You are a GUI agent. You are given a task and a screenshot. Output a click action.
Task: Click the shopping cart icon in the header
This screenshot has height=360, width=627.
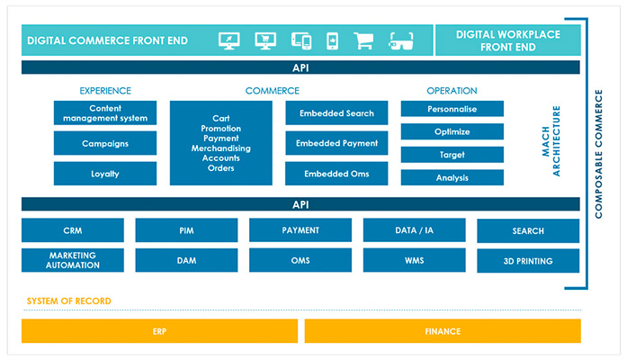pos(363,40)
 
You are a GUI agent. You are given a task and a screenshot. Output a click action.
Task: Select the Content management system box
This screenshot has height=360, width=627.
pos(105,112)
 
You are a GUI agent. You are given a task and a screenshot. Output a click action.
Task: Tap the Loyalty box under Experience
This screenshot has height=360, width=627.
pos(105,174)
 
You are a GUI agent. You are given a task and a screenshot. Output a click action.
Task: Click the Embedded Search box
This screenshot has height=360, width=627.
pos(337,112)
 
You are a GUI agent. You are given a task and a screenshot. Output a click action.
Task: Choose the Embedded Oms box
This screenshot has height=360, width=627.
pos(337,174)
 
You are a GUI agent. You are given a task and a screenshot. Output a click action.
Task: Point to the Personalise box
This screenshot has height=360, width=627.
pos(452,109)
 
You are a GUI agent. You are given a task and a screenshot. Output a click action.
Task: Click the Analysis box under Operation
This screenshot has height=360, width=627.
pos(452,177)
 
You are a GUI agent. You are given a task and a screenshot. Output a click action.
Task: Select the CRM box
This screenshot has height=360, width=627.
pos(72,230)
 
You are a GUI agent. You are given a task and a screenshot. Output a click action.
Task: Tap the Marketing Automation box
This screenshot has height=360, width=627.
pos(72,261)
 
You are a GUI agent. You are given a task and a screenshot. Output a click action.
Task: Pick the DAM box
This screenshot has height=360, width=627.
pos(186,261)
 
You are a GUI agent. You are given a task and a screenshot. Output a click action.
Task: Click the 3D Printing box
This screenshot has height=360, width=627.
pos(528,262)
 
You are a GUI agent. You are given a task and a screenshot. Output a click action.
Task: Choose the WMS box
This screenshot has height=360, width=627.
pos(414,261)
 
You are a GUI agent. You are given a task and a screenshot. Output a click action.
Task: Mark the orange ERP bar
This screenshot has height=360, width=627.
pos(159,331)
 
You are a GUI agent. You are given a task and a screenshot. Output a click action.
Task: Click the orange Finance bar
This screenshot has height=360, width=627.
pos(443,331)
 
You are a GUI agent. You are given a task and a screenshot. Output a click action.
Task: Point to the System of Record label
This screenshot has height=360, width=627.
pos(69,301)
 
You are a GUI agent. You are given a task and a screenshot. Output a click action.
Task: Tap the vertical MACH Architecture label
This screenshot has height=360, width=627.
pos(551,143)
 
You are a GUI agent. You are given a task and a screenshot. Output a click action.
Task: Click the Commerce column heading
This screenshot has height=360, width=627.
pos(272,91)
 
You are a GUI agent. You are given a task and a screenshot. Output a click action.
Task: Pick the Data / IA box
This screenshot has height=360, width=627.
pos(414,230)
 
